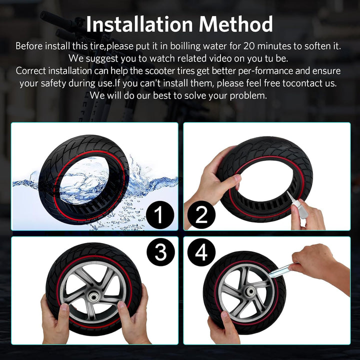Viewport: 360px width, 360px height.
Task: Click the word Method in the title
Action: click(x=236, y=24)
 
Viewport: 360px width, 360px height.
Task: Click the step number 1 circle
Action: click(x=159, y=214)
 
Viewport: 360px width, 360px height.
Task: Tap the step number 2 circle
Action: click(x=201, y=214)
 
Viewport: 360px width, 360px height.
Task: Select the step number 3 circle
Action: click(x=160, y=252)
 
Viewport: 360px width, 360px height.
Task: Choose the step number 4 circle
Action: click(x=201, y=252)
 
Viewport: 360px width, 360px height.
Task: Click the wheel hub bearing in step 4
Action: click(x=250, y=292)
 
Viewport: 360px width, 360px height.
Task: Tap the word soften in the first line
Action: click(x=317, y=46)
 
